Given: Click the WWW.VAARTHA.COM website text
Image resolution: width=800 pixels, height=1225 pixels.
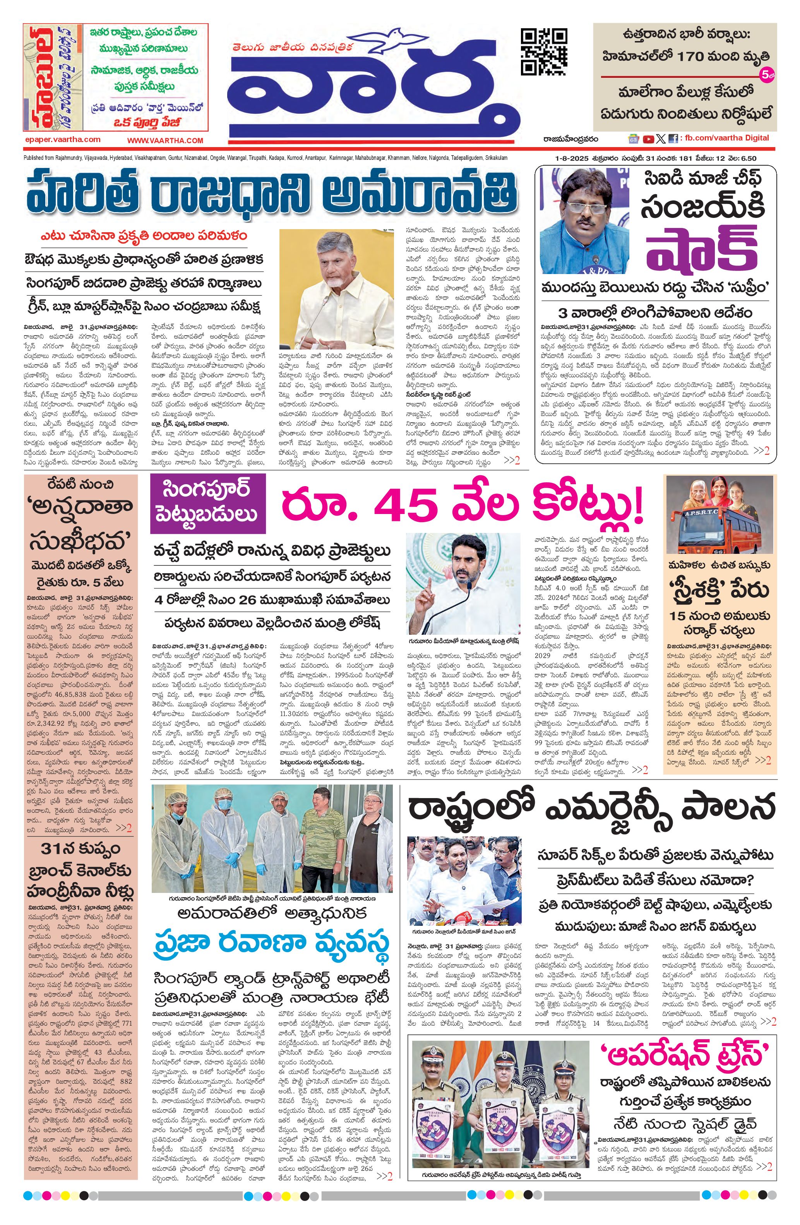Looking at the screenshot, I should point(165,140).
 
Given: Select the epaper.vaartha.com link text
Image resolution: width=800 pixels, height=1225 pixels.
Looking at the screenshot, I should point(62,139).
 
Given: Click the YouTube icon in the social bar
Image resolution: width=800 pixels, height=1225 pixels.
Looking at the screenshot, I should point(648,139).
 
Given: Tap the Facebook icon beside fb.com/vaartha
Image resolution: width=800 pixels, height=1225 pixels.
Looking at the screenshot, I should point(673,139).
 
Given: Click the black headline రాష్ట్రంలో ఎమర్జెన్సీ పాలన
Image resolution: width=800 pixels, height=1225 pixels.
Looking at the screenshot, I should point(591,808).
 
